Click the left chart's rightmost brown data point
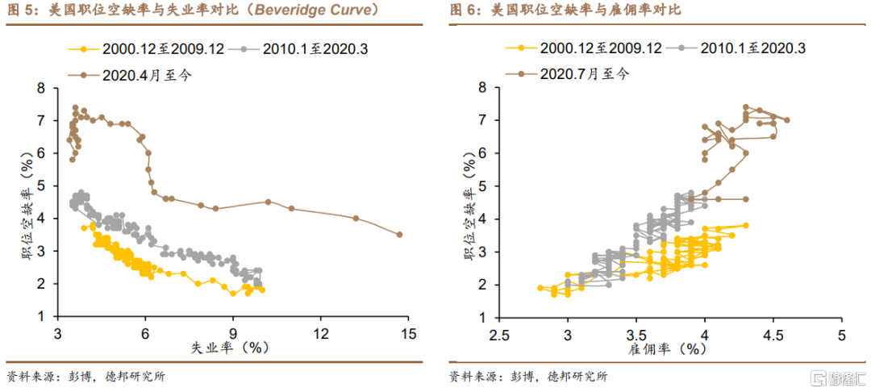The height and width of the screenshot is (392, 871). tap(399, 235)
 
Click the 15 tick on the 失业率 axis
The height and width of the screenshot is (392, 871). tap(408, 333)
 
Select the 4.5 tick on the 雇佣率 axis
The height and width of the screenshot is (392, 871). tap(773, 333)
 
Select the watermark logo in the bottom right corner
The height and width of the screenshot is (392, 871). tap(838, 377)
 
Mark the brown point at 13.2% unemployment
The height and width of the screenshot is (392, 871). tap(356, 218)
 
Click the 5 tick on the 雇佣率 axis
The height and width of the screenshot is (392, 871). tap(840, 333)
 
